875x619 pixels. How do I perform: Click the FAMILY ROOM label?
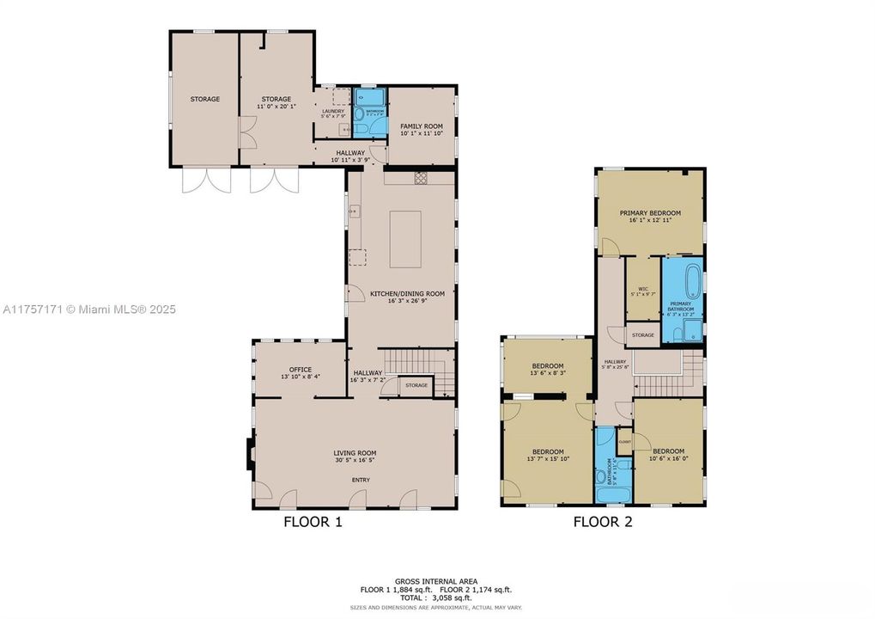pos(421,126)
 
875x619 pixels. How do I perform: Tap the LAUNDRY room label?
pos(332,112)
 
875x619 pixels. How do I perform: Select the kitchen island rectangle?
pos(405,240)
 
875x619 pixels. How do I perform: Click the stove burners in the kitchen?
pos(422,178)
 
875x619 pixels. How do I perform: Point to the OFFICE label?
pos(300,370)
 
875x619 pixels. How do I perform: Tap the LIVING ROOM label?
pos(355,453)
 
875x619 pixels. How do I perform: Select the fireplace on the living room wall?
pos(249,452)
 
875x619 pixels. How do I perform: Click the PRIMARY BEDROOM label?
pos(650,213)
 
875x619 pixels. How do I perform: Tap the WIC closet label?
pos(641,290)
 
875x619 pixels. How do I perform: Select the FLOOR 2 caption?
pos(603,521)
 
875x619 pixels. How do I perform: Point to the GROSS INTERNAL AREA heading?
pos(436,581)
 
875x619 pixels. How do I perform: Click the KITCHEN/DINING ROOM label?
pos(407,294)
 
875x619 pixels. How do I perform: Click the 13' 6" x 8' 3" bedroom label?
pos(547,369)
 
